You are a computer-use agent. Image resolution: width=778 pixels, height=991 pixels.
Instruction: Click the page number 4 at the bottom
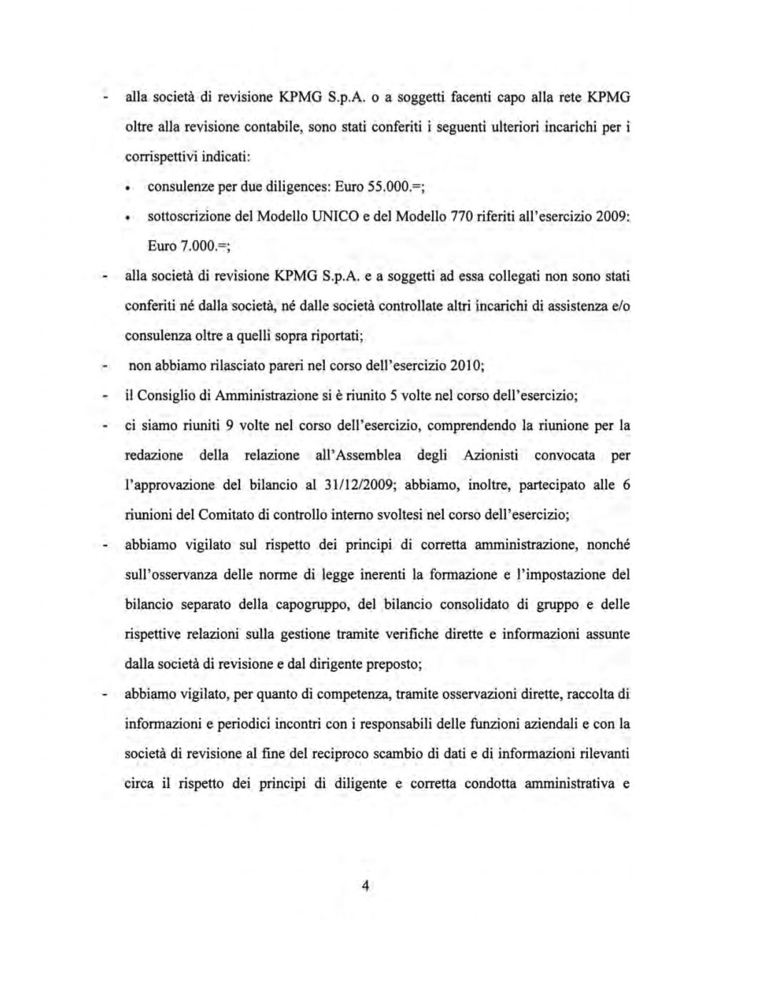pos(365,887)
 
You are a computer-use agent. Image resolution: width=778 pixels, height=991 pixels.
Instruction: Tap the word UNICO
pos(323,216)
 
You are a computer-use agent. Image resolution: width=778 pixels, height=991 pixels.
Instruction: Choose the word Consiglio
pos(169,395)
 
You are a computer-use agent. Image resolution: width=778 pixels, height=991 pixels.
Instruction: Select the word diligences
pos(298,186)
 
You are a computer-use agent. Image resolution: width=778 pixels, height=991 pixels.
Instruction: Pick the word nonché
pos(608,544)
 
